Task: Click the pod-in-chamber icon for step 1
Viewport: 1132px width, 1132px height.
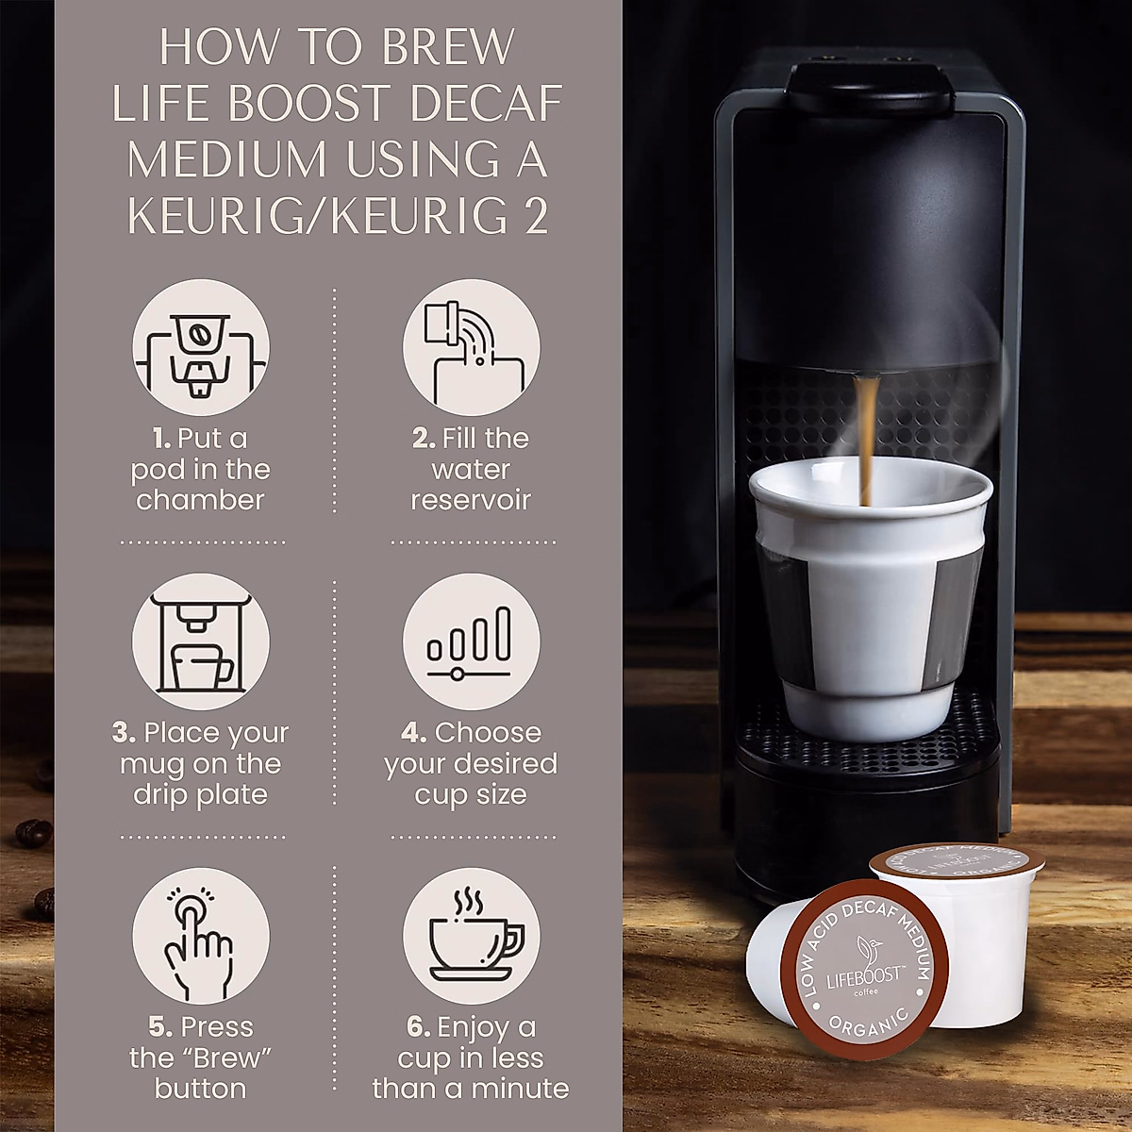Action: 200,347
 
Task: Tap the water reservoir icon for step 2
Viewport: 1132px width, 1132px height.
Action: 471,347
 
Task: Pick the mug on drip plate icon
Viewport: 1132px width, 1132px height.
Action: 200,641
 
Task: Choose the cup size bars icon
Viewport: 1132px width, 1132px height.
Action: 471,641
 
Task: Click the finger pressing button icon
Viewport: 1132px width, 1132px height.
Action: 200,936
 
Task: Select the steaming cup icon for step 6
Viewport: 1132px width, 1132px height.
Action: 471,936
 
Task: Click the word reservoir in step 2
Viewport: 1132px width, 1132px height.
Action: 471,500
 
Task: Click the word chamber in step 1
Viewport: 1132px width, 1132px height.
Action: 200,500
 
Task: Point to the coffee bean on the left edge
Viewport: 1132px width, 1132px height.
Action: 33,833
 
